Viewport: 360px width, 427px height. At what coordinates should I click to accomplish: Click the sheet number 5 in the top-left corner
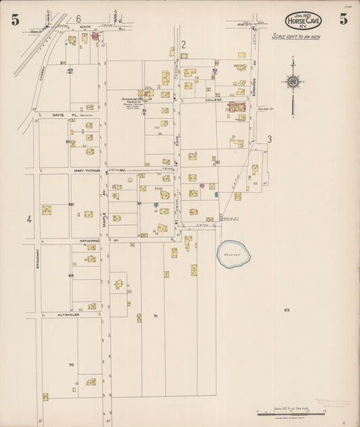tap(15, 20)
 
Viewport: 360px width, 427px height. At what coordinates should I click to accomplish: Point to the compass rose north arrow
tap(292, 82)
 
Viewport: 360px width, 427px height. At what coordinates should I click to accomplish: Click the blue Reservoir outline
tap(234, 253)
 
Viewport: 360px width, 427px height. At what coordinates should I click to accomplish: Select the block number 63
tap(286, 310)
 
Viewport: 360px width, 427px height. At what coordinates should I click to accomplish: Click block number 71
tap(155, 316)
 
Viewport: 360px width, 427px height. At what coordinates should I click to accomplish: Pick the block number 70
tap(70, 365)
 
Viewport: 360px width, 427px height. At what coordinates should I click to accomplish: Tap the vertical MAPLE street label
tap(105, 216)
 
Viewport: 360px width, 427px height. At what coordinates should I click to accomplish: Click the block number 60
tap(70, 204)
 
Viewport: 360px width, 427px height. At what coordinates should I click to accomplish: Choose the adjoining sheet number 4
tap(29, 219)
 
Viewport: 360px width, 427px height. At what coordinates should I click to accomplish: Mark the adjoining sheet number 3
tap(269, 139)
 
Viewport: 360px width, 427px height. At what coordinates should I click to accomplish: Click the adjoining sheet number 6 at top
tap(78, 18)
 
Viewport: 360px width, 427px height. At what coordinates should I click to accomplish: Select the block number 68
tap(70, 276)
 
